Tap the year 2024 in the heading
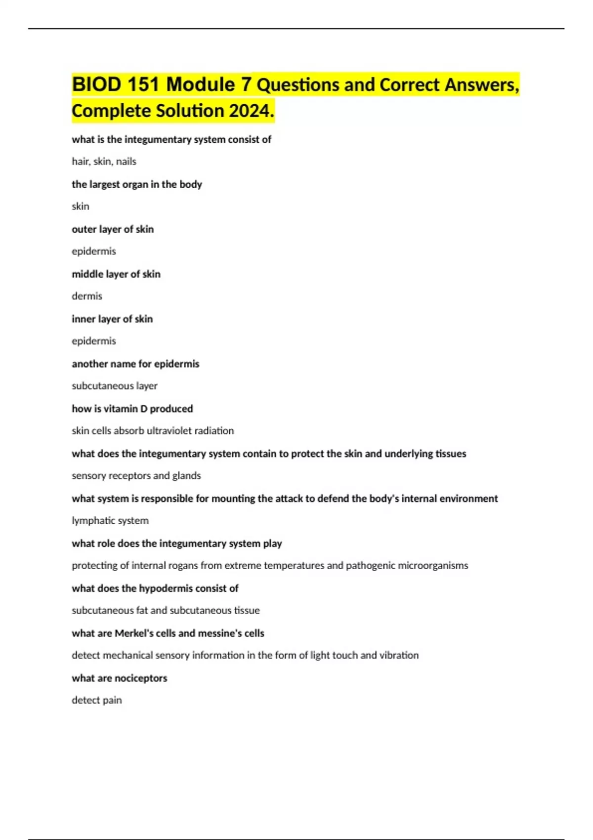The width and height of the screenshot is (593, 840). pos(250,111)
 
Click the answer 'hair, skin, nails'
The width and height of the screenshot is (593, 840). pos(104,162)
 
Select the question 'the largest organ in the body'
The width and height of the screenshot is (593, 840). pos(137,184)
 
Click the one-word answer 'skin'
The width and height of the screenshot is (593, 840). pos(81,207)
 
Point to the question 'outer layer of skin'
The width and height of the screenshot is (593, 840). pos(113,229)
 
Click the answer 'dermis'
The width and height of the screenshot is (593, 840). pos(87,296)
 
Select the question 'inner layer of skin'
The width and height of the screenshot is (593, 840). pos(112,319)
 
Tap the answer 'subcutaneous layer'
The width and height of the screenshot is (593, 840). pos(115,386)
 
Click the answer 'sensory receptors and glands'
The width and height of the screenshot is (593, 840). pos(136,476)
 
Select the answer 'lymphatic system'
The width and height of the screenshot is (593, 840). pos(110,521)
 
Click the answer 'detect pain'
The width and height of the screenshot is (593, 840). pos(97,700)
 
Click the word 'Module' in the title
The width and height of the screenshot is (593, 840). pos(201,84)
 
